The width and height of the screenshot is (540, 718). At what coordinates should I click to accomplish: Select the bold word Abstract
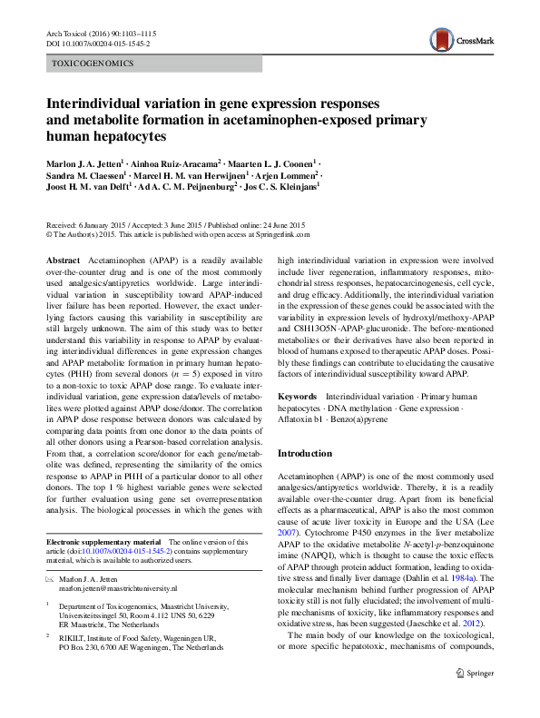(63, 260)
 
